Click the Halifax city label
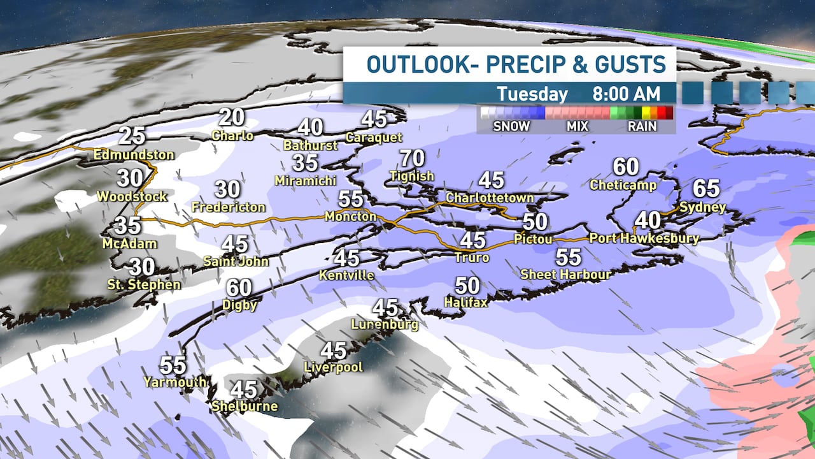pyautogui.click(x=465, y=302)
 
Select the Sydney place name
pyautogui.click(x=702, y=207)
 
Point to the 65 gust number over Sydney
pyautogui.click(x=705, y=189)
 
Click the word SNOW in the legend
pyautogui.click(x=511, y=126)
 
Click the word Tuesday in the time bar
pyautogui.click(x=532, y=94)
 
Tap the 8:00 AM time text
pyautogui.click(x=626, y=94)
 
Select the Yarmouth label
pyautogui.click(x=174, y=382)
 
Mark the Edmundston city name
pyautogui.click(x=134, y=155)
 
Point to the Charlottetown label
pyautogui.click(x=489, y=198)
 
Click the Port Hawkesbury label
pyautogui.click(x=644, y=238)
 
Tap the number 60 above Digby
pyautogui.click(x=239, y=288)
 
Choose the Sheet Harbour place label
pyautogui.click(x=565, y=274)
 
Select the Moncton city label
pyautogui.click(x=350, y=216)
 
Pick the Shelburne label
pyautogui.click(x=244, y=406)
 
